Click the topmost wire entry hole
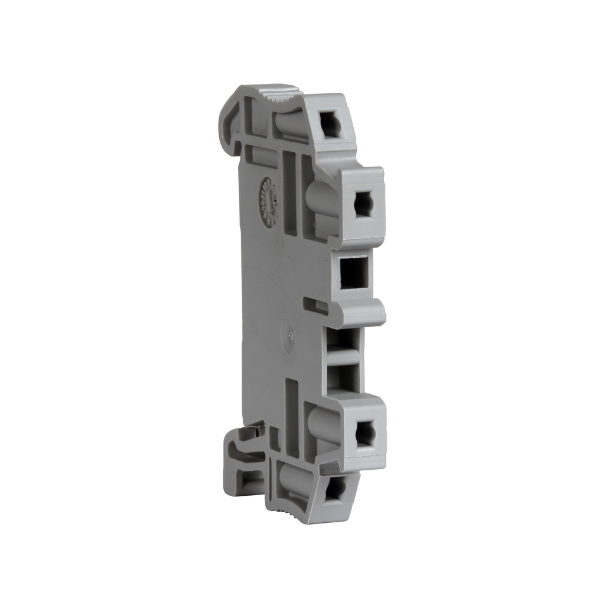330,125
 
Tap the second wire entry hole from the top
363,204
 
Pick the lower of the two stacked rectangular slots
346,377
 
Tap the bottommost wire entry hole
335,489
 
